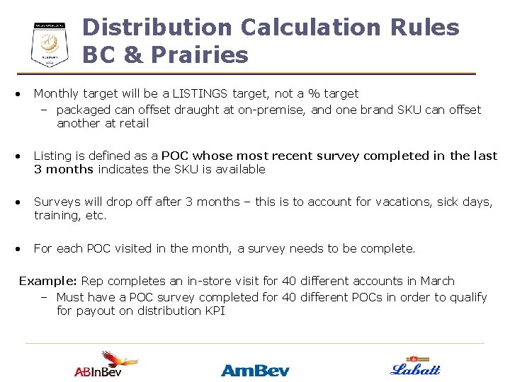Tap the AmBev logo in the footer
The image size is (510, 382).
pyautogui.click(x=254, y=369)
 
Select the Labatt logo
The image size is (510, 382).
pyautogui.click(x=415, y=366)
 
